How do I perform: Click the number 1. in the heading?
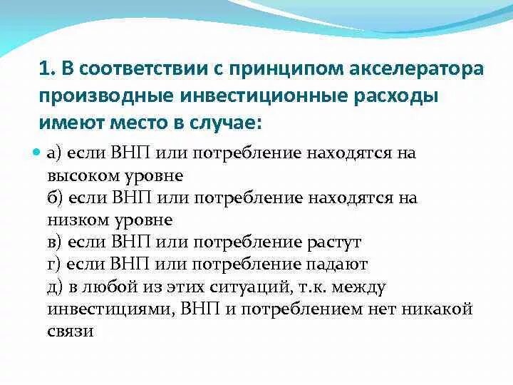tap(46, 70)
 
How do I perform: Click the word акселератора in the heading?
tap(417, 70)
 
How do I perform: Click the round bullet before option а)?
tap(36, 153)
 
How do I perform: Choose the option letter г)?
tap(53, 265)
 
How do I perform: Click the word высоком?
tap(83, 176)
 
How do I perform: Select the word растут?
tap(334, 243)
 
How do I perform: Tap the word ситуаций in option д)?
tap(251, 287)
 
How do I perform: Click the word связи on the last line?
tap(71, 332)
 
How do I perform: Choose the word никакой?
tap(437, 309)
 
